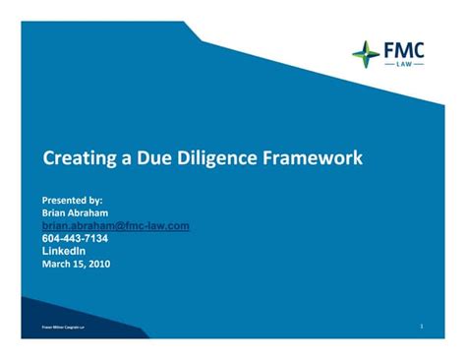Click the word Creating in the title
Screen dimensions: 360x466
pos(76,157)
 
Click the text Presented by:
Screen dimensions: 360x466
pos(72,200)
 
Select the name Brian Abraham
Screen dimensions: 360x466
pos(75,212)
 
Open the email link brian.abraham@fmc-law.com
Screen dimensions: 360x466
pos(115,225)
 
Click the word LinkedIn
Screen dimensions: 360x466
pos(64,250)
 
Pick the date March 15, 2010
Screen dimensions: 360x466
pos(76,263)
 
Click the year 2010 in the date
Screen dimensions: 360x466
pos(98,263)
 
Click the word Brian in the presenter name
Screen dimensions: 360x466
pos(55,212)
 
